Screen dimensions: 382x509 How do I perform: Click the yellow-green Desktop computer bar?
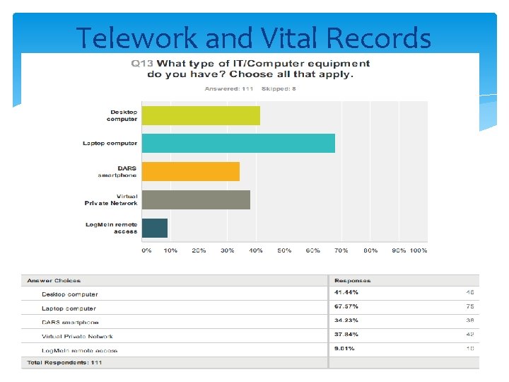tap(201, 115)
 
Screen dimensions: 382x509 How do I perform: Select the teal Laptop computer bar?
tap(238, 143)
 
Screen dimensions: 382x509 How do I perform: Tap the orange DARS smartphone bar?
tap(191, 171)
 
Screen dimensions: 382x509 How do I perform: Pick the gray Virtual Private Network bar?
tap(196, 199)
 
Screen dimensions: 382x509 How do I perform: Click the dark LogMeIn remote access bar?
tap(155, 228)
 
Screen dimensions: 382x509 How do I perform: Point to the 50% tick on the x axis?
tap(284, 250)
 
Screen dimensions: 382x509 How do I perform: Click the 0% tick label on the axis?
tap(146, 250)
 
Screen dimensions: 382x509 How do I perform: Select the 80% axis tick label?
tap(370, 250)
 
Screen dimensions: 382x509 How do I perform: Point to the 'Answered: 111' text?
tap(229, 88)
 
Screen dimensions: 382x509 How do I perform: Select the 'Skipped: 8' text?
tap(279, 88)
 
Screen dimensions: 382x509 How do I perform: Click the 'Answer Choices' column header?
tap(54, 280)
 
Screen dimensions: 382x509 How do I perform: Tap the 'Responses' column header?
tap(352, 280)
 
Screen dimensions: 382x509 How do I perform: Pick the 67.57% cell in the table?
tap(346, 306)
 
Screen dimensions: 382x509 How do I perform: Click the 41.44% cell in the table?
tap(346, 292)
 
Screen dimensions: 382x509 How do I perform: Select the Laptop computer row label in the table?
tap(69, 308)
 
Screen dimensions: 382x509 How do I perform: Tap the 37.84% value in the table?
tap(346, 335)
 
